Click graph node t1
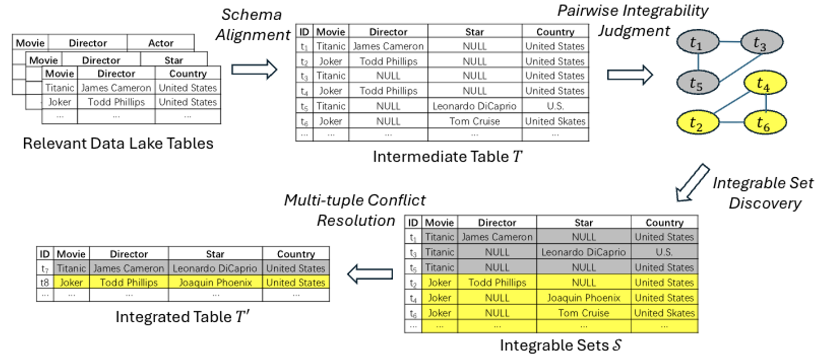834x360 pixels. (x=698, y=42)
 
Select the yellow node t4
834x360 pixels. (x=765, y=83)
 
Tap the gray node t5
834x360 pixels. (x=698, y=83)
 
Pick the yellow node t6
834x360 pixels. (x=765, y=123)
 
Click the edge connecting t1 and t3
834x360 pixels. (x=730, y=42)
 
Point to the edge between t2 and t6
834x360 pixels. (x=731, y=122)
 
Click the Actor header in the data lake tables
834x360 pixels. (x=161, y=43)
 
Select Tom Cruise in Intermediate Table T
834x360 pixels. (x=474, y=121)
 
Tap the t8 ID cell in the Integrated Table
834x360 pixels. (x=44, y=282)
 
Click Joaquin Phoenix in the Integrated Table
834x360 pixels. (x=215, y=282)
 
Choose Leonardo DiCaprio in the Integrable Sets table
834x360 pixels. (x=583, y=252)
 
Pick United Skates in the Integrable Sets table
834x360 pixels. (x=664, y=313)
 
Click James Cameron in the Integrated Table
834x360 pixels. (x=129, y=268)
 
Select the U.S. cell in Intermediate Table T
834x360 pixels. (x=555, y=106)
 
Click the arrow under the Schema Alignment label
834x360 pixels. (x=254, y=70)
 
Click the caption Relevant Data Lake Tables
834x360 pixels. (x=118, y=143)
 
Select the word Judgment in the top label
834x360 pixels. (x=634, y=31)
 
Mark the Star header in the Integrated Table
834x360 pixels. (x=215, y=254)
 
